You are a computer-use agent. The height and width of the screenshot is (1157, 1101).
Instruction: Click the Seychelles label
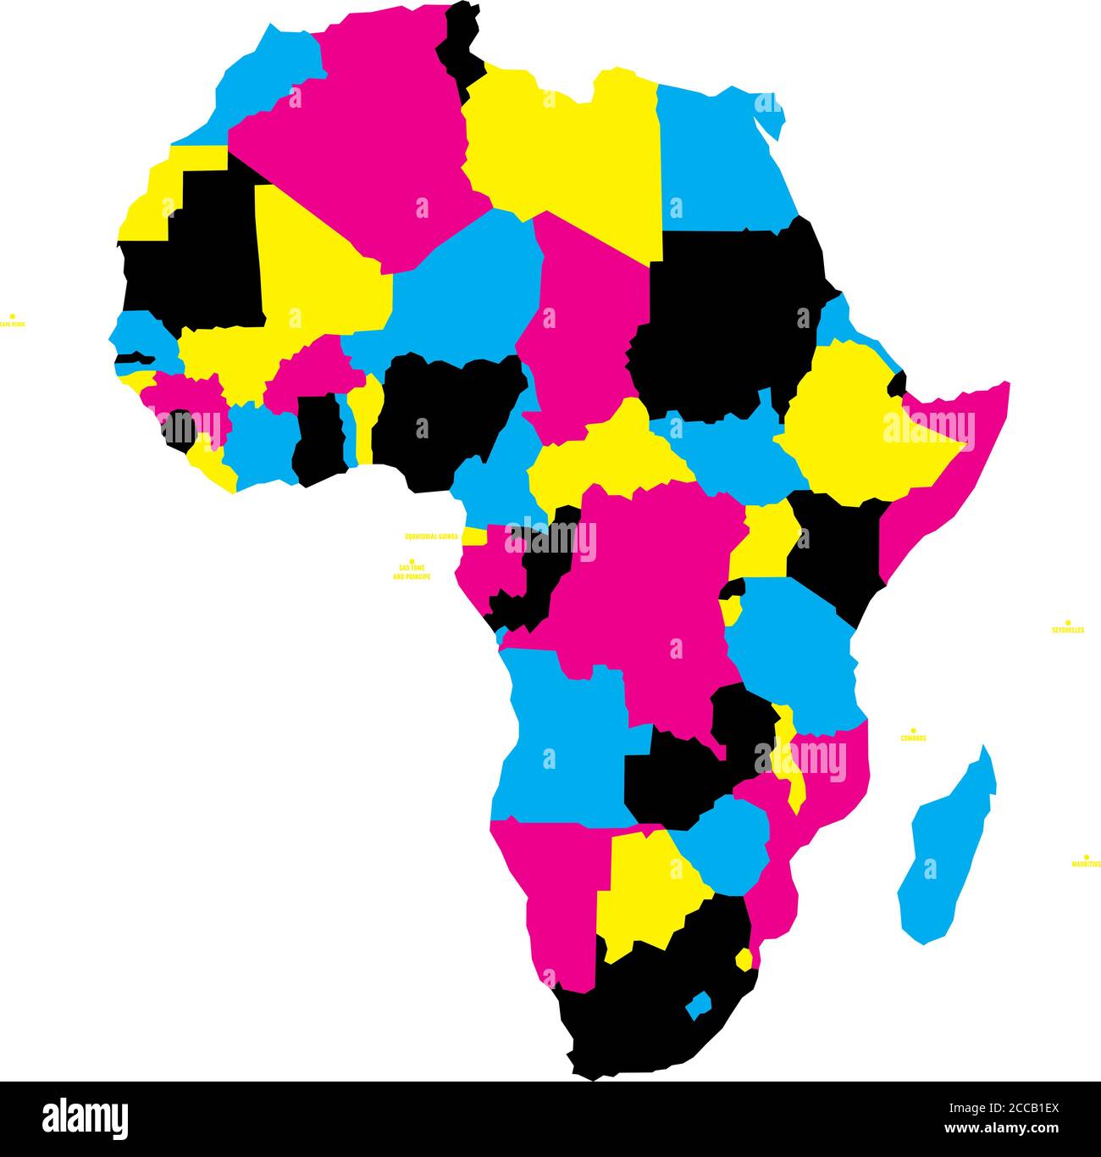click(1067, 630)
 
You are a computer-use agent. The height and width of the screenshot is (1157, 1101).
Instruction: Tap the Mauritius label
click(1086, 864)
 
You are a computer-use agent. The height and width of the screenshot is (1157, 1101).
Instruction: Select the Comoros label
click(913, 737)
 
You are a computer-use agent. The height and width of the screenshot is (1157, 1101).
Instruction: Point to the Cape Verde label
click(11, 323)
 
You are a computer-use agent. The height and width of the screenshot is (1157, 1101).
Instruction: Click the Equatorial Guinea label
click(432, 536)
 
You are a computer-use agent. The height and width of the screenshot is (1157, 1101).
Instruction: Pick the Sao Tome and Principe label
click(412, 572)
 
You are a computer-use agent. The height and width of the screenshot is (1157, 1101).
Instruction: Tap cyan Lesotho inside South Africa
click(699, 1006)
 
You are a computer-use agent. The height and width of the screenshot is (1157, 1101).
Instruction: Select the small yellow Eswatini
click(744, 959)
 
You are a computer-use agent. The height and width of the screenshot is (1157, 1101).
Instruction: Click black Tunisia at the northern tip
click(462, 47)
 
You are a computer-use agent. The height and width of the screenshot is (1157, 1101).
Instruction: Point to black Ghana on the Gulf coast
click(318, 441)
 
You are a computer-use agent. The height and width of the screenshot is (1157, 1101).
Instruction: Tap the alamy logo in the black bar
click(85, 1117)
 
